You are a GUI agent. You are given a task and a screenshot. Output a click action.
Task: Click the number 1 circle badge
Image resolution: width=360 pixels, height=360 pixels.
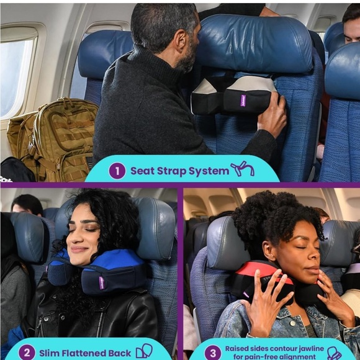click(x=117, y=171)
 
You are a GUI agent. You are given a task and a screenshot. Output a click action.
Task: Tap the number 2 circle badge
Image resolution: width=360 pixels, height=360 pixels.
click(x=27, y=353)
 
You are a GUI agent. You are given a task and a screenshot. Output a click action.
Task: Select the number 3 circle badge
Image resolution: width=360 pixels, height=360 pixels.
click(x=213, y=353)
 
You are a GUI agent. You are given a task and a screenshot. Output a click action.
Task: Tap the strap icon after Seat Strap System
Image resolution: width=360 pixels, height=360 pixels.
click(x=243, y=169)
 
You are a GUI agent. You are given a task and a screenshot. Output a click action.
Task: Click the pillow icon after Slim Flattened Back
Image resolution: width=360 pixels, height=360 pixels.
click(x=144, y=351)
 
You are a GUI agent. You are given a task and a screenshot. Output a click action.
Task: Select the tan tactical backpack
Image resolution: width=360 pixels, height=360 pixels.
click(x=52, y=139)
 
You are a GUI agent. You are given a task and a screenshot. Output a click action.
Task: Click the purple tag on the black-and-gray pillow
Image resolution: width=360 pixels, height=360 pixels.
click(x=243, y=101)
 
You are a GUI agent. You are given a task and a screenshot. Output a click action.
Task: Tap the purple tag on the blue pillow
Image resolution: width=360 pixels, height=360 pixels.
click(x=102, y=282)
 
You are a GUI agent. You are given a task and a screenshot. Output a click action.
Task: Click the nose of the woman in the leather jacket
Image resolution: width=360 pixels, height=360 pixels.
click(x=71, y=238)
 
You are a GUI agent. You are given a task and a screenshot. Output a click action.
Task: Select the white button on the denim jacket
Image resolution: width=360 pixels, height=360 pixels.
click(x=292, y=323)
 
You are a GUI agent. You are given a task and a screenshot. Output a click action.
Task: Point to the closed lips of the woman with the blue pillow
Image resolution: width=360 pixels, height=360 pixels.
click(x=78, y=250)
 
